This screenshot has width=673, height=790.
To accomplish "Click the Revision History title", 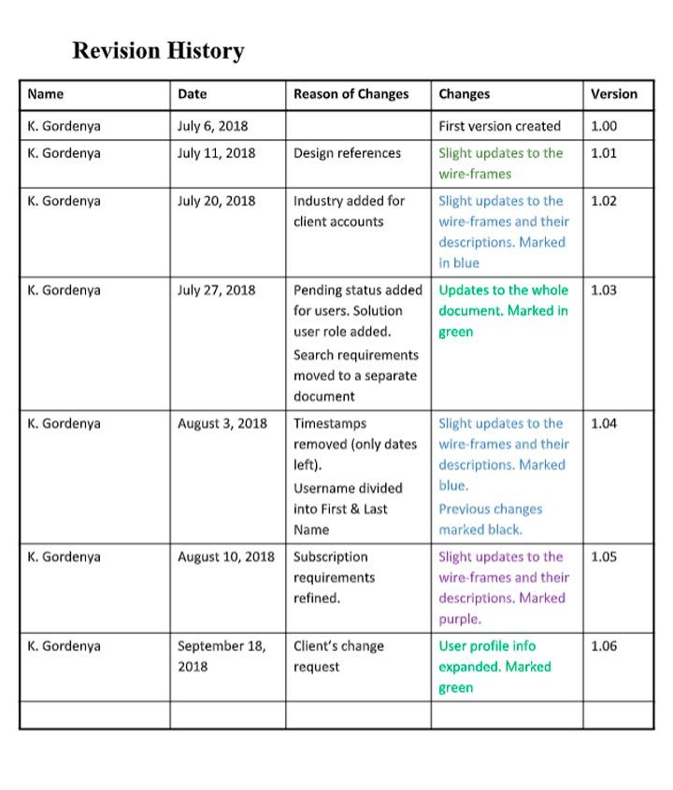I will click(158, 50).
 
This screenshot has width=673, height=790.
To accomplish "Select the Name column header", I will click(46, 93).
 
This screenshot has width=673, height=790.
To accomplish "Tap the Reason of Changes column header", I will click(351, 93).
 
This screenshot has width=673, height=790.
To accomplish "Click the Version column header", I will click(613, 93).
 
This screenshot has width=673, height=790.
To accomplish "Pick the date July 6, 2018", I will click(212, 126).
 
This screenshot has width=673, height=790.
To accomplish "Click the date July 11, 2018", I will click(216, 153).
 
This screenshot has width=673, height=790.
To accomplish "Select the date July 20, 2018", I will click(216, 201).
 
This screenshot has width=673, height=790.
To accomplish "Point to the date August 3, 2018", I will click(222, 424).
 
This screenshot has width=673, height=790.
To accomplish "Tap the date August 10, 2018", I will click(225, 557).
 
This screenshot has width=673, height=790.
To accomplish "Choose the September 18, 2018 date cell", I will click(221, 656).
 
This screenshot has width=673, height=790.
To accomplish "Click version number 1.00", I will click(604, 126).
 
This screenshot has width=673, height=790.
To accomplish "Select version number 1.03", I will click(604, 290).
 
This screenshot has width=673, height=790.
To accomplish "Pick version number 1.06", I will click(604, 646).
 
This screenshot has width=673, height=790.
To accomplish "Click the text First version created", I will click(499, 126).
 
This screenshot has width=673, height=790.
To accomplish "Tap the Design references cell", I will click(347, 153).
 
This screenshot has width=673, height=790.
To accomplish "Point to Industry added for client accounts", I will click(348, 211).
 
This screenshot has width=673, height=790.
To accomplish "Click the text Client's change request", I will click(338, 656).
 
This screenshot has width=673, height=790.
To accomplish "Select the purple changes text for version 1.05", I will click(503, 587).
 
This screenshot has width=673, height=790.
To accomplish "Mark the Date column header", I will click(192, 93).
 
